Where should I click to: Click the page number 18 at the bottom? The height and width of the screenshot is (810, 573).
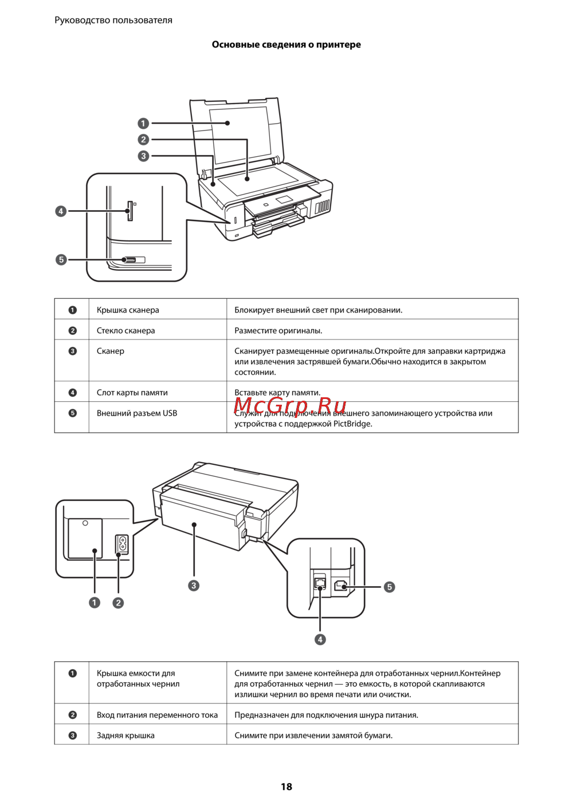286,787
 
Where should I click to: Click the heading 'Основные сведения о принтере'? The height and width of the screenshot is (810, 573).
286,45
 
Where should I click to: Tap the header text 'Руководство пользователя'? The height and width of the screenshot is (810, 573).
113,20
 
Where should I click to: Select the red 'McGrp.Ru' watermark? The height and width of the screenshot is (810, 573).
290,405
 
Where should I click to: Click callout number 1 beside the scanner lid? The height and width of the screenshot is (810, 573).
143,123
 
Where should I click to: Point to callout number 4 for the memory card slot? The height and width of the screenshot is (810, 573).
61,211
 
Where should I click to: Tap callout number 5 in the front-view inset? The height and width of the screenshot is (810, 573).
61,260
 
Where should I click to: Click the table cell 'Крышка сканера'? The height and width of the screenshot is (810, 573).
128,310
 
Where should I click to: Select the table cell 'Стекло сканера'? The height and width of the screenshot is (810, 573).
125,331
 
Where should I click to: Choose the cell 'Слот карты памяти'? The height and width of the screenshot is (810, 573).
132,393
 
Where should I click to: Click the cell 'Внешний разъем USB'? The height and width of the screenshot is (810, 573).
137,413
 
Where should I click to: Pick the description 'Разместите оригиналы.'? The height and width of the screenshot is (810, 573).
278,331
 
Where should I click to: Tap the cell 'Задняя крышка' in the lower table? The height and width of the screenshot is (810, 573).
125,736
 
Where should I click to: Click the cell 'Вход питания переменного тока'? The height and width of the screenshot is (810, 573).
157,715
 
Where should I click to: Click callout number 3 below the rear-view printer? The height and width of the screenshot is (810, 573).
194,586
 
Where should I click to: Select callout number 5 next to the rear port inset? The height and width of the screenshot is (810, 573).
389,587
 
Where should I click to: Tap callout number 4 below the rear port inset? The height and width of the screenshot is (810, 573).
320,639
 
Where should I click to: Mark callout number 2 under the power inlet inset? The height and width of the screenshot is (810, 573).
118,603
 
